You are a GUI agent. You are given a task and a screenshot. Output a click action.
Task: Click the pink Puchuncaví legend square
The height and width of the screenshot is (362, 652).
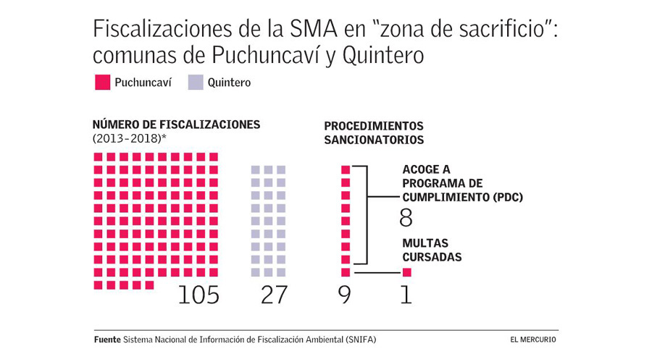tap(101, 83)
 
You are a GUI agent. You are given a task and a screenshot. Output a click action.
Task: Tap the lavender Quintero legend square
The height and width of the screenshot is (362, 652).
tap(196, 83)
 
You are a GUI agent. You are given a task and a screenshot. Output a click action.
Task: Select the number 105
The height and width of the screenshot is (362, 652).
tap(198, 295)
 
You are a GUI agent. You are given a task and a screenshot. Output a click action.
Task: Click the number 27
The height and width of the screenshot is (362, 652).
tap(274, 295)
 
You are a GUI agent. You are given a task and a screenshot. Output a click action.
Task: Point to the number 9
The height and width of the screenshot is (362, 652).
tap(345, 295)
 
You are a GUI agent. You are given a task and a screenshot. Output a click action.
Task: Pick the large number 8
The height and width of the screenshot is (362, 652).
tap(406, 217)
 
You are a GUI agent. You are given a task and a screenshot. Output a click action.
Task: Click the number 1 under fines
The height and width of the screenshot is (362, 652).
tap(406, 295)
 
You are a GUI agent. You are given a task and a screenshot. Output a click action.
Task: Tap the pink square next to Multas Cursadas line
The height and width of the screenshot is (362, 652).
tap(406, 272)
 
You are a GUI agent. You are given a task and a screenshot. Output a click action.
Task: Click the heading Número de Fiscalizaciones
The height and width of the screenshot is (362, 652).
tap(176, 125)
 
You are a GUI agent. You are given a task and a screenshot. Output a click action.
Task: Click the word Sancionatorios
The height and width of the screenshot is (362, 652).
tap(373, 140)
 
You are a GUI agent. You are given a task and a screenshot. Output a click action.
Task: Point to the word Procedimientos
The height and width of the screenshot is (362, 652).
tap(373, 126)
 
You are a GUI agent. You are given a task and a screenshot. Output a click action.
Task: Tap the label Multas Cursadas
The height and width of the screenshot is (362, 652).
tap(432, 250)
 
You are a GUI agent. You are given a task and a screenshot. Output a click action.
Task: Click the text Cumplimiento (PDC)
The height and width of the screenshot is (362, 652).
tap(462, 197)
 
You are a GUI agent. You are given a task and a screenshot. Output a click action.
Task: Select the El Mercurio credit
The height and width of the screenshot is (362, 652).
tap(534, 340)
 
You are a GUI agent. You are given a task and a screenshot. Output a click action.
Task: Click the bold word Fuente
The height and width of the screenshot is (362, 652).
tap(107, 340)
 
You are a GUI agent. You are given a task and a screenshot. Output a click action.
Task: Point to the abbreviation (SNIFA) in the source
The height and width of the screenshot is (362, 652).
tap(361, 340)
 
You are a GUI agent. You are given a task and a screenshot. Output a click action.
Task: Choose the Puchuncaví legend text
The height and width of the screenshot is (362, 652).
tap(143, 83)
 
